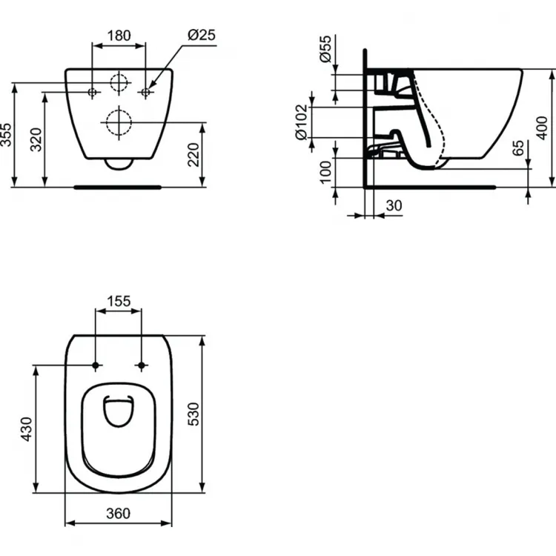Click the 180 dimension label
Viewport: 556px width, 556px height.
click(x=119, y=35)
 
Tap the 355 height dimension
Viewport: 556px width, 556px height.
click(x=7, y=136)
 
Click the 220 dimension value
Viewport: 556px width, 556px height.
click(x=193, y=154)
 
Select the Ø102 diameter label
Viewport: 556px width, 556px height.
click(x=301, y=123)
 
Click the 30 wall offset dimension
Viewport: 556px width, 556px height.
click(x=394, y=205)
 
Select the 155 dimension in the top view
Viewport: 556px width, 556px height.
click(x=119, y=301)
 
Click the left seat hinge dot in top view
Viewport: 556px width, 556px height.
click(x=96, y=365)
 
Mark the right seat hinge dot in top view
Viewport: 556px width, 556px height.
click(x=141, y=365)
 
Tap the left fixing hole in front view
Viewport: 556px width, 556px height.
click(x=93, y=93)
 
